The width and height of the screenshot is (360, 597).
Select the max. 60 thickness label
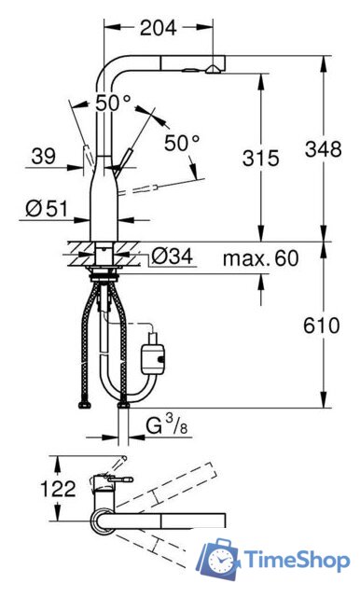pyautogui.click(x=260, y=258)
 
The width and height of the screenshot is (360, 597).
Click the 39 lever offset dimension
pyautogui.click(x=42, y=159)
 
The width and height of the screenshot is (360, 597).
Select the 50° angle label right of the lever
pyautogui.click(x=182, y=143)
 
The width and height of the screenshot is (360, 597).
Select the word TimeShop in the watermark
pyautogui.click(x=296, y=561)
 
